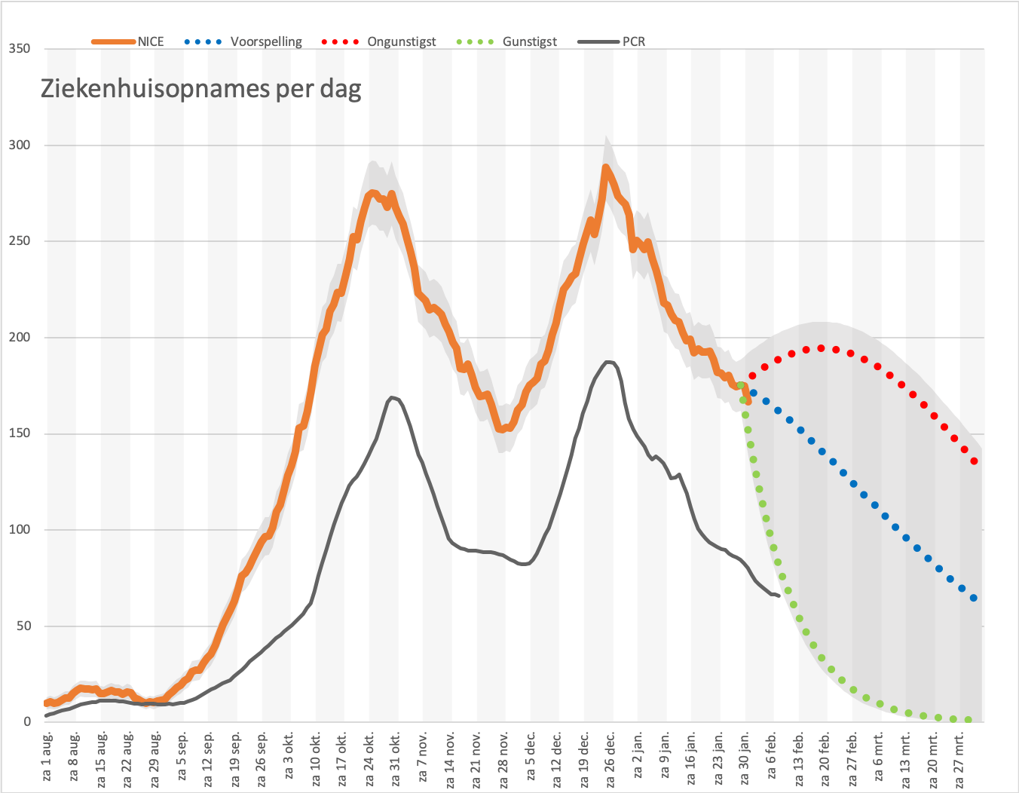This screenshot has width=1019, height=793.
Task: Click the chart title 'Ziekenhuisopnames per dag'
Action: pos(200,89)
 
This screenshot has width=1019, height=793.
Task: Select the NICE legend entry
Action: pos(127,41)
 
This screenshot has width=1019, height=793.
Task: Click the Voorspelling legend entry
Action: pos(243,41)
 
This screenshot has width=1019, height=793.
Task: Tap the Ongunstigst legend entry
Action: pos(378,41)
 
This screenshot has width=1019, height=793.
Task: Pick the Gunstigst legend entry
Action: pos(506,41)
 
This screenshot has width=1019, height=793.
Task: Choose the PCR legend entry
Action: pos(611,41)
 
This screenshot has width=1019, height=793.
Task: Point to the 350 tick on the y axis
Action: pos(20,48)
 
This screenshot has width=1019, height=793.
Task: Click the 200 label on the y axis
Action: pos(20,337)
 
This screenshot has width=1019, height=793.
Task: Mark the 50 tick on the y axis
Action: pos(23,626)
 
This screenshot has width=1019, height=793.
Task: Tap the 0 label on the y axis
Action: pos(27,721)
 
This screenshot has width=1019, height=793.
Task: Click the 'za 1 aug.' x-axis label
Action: pos(47,756)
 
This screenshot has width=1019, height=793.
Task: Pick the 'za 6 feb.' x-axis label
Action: pos(771,755)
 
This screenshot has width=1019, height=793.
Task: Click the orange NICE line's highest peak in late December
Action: pos(605,167)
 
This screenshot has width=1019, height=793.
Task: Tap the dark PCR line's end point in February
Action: pos(779,596)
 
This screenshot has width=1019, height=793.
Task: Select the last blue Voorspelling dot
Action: pos(974,598)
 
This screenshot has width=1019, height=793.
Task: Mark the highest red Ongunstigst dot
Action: pos(821,348)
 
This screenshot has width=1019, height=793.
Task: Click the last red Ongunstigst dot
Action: pos(974,461)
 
